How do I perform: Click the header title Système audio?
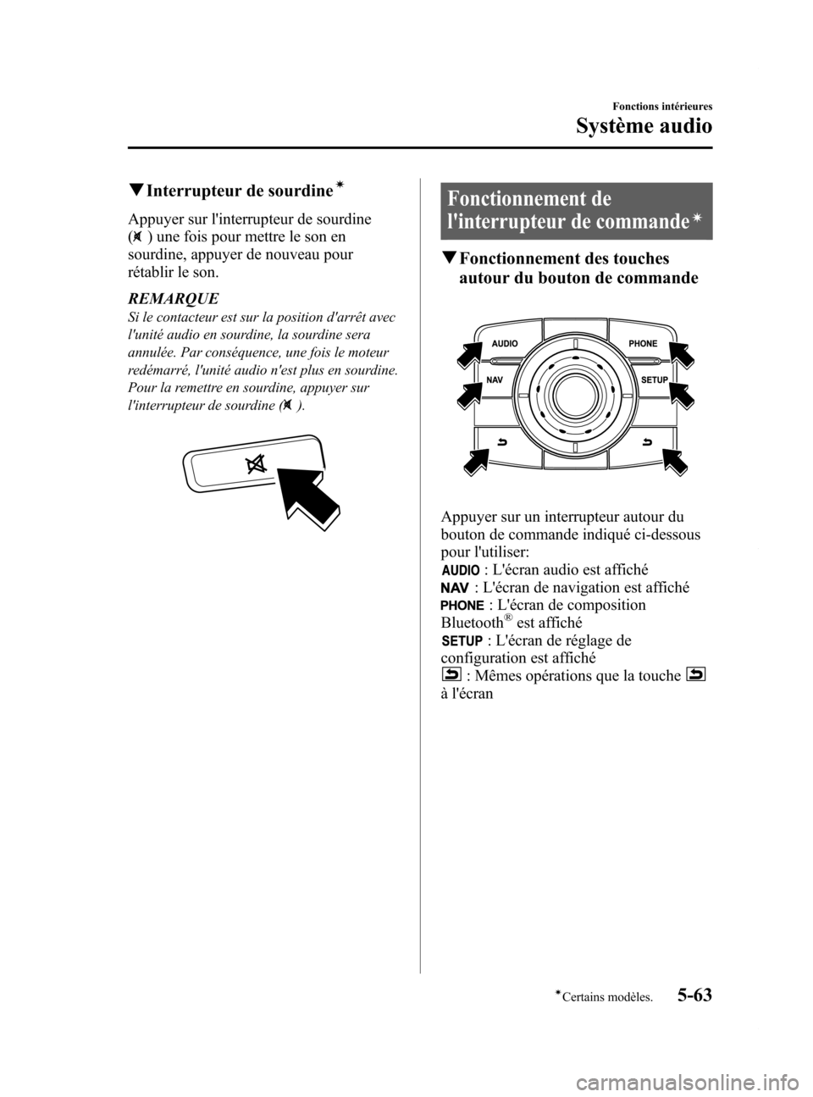[x=644, y=126]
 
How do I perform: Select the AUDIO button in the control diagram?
[x=505, y=343]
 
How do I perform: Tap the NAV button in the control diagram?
[x=496, y=380]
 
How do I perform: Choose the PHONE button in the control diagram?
[x=642, y=343]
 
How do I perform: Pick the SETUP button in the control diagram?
[x=653, y=380]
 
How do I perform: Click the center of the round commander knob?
[x=573, y=393]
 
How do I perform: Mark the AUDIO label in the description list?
[x=460, y=570]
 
